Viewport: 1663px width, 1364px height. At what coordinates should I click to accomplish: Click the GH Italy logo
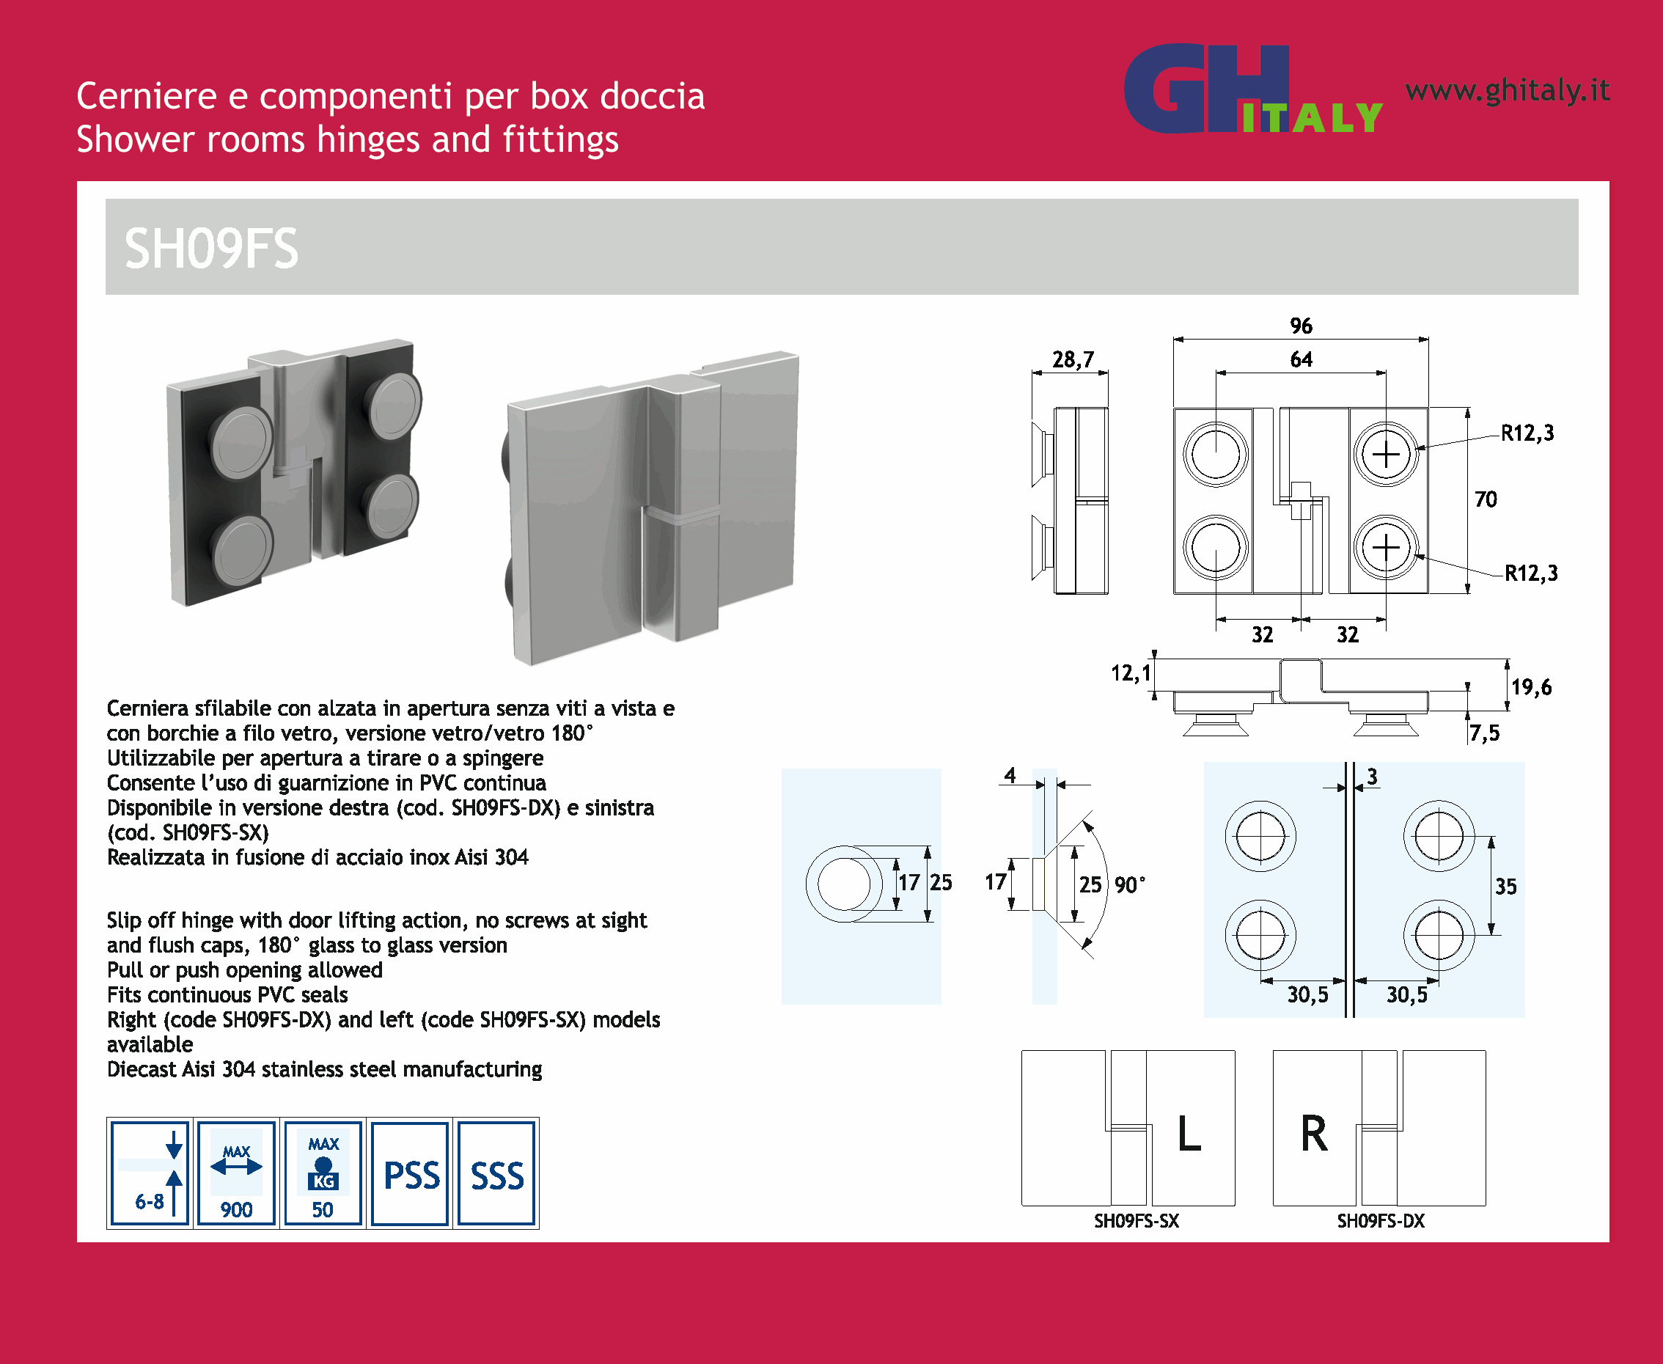coord(1253,89)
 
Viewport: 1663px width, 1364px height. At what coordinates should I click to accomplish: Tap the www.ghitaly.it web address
coord(1508,91)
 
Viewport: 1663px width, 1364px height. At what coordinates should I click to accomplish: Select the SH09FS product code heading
coord(211,249)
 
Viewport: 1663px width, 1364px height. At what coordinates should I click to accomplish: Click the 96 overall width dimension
coord(1301,326)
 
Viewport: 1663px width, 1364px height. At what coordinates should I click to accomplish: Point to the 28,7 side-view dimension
coord(1073,360)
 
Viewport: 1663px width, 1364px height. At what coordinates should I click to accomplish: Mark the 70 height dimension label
coord(1486,499)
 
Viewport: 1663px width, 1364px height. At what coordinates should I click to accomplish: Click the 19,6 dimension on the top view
coord(1531,688)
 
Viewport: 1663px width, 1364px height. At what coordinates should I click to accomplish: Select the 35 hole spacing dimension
coord(1505,887)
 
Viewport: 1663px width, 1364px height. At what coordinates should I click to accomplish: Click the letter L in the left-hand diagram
coord(1189,1134)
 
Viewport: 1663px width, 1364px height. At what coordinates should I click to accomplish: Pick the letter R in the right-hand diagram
coord(1314,1134)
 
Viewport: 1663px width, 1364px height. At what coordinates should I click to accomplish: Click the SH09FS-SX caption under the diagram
coord(1137,1221)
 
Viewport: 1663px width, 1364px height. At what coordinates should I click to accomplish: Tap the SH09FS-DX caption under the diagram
coord(1381,1221)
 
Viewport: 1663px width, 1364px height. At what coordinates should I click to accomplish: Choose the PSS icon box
coord(410,1173)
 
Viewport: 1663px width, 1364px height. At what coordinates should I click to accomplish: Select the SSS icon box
coord(496,1173)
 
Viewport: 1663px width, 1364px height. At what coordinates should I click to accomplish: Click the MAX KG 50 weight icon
coord(323,1173)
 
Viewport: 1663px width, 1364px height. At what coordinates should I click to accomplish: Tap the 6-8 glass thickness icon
coord(150,1173)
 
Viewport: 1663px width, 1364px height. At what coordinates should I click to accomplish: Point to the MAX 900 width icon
coord(236,1173)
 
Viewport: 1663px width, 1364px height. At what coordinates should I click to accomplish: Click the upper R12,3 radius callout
coord(1527,433)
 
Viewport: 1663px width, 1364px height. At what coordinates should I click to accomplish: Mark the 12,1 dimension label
coord(1131,673)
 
